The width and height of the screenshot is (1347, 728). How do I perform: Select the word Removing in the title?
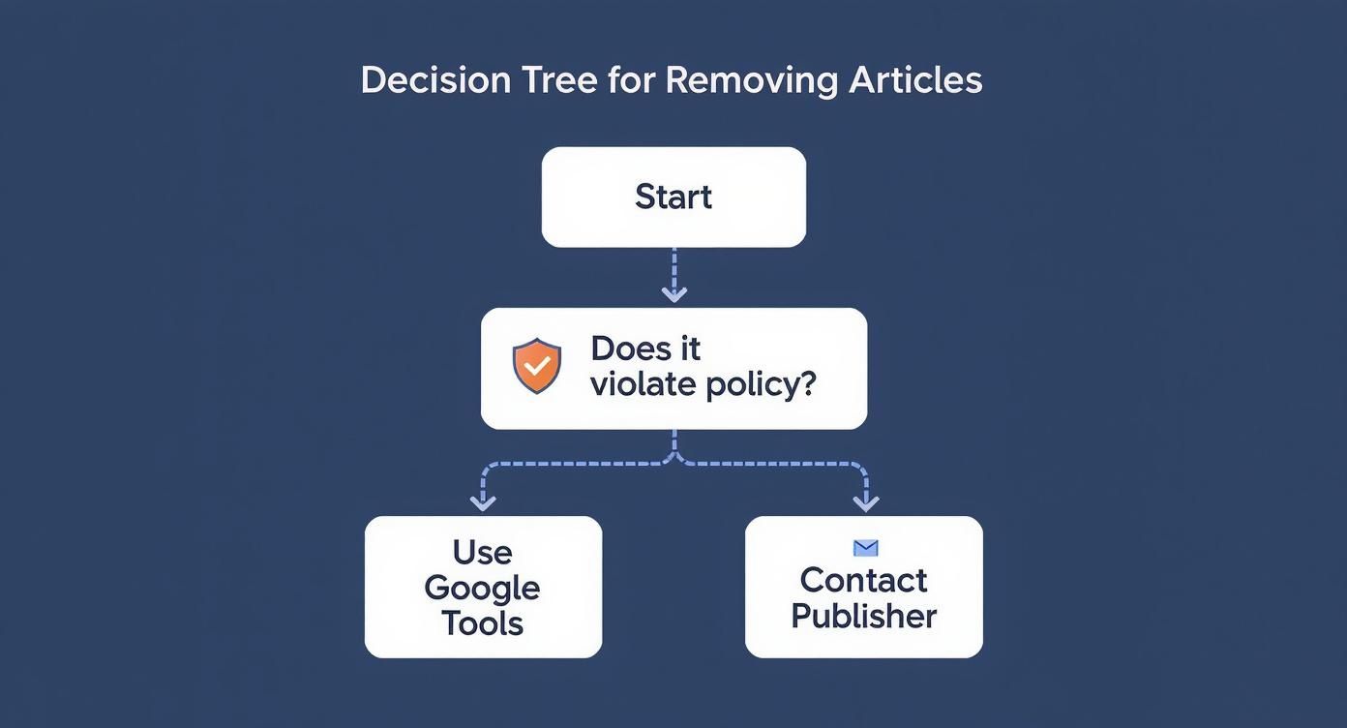point(751,80)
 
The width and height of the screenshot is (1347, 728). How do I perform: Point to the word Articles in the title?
point(915,80)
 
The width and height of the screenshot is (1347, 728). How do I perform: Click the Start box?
point(673,197)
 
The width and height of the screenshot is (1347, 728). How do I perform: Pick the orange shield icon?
point(537,366)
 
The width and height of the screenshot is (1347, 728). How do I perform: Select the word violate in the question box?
point(643,384)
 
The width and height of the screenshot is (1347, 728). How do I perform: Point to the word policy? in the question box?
point(760,385)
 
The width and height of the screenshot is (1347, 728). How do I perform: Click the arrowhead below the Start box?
point(673,292)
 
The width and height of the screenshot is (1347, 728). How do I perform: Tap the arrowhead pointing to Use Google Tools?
point(483,501)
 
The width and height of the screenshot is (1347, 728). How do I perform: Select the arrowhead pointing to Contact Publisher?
point(865,501)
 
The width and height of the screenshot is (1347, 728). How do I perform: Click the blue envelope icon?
point(865,549)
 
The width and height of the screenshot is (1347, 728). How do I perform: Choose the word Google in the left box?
point(482,589)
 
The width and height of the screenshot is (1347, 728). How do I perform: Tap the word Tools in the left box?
point(482,623)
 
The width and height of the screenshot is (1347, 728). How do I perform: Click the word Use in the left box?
point(482,553)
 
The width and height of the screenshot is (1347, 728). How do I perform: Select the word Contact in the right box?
point(863,581)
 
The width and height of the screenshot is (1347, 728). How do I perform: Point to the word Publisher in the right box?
point(863,617)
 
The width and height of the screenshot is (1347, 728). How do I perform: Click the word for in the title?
point(630,80)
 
